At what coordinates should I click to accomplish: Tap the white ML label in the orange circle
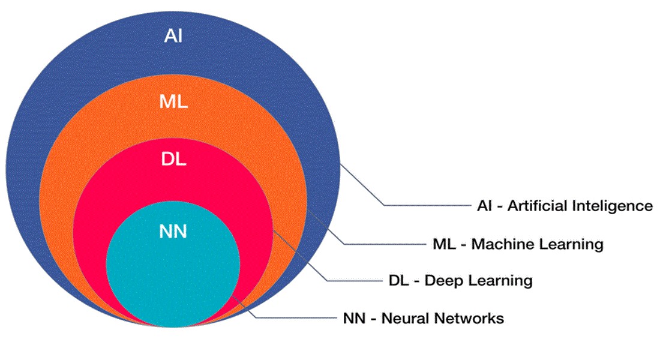pos(173,101)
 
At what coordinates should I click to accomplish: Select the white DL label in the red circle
pos(173,160)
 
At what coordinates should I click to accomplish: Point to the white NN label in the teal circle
pos(173,232)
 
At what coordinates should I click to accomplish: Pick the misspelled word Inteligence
pos(611,206)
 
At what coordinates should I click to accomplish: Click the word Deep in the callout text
pos(440,280)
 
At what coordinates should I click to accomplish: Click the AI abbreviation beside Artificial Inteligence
pos(482,206)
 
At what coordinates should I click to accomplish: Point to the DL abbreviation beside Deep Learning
pos(400,280)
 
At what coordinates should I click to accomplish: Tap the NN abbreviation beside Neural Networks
pos(355,318)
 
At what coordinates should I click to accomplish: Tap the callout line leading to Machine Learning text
pos(384,244)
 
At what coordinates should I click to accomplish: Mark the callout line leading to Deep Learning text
pos(354,280)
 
